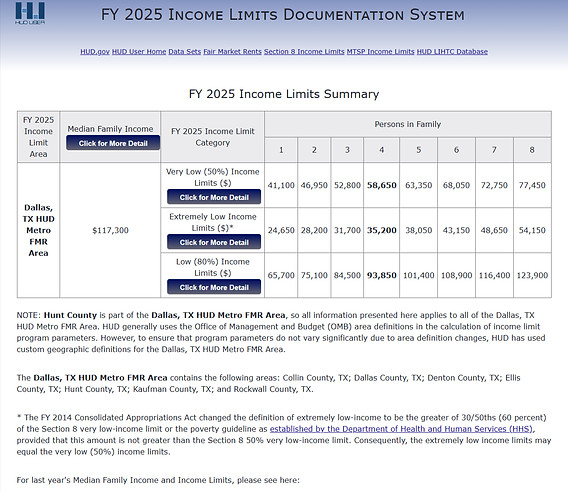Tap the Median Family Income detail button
coord(112,143)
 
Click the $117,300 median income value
coord(111,230)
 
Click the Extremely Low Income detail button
coord(214,242)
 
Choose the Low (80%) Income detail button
coord(214,287)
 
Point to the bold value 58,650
coord(381,186)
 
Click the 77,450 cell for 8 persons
coord(531,186)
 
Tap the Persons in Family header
coord(407,123)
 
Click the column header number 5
coord(418,150)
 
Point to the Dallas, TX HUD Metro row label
coord(37,230)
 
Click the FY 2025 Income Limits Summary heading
coord(284,94)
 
